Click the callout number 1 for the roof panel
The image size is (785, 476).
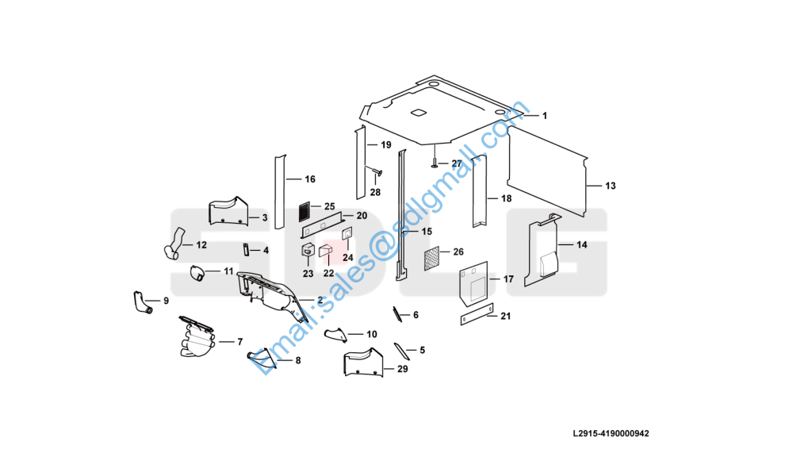click(545, 116)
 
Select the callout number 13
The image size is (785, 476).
click(611, 186)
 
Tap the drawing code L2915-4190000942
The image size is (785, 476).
click(611, 433)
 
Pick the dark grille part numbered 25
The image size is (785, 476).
click(304, 212)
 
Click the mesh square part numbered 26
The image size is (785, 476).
click(431, 259)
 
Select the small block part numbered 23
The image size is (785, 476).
click(308, 250)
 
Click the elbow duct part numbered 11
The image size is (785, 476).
click(197, 274)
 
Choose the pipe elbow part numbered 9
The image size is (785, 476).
click(142, 302)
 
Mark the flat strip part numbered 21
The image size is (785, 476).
click(477, 314)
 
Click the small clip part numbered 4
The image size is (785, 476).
click(247, 250)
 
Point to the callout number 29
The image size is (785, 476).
click(403, 369)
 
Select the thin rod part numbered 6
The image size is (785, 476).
click(396, 314)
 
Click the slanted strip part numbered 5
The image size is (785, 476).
click(401, 351)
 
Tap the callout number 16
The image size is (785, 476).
click(310, 179)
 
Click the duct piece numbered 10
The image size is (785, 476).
click(336, 335)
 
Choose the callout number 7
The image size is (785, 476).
click(239, 342)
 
